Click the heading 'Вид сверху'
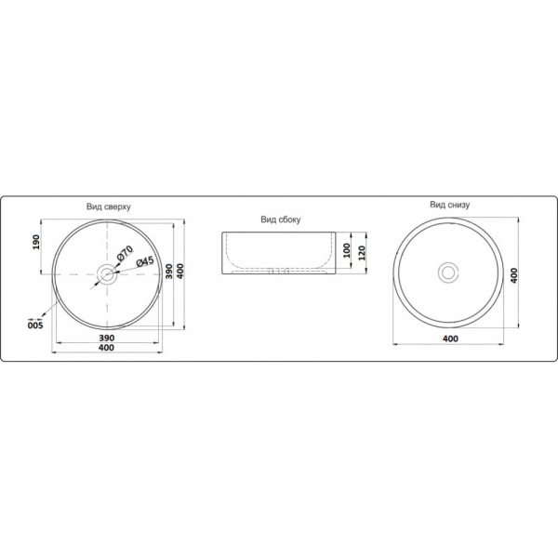point(109,206)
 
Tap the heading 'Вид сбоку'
point(281,219)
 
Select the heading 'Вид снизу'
point(450,205)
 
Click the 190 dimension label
point(36,242)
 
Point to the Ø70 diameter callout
point(125,253)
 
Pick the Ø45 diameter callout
point(145,262)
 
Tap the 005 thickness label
point(35,325)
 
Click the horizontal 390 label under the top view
point(106,338)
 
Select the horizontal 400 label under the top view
point(106,347)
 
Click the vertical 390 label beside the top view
point(169,272)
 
